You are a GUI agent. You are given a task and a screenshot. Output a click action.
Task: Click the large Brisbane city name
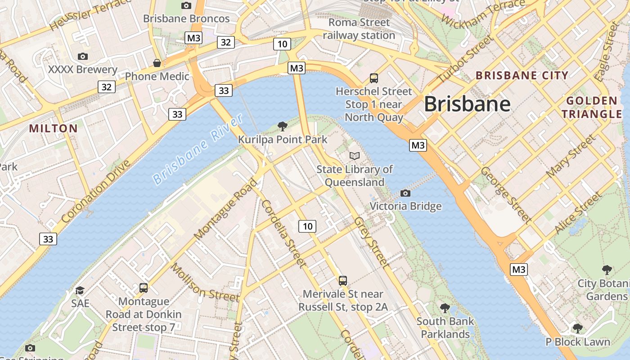coord(467,104)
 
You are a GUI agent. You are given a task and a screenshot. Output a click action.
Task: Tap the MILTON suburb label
coord(54,129)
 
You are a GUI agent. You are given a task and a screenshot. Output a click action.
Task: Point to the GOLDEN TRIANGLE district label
coord(591,107)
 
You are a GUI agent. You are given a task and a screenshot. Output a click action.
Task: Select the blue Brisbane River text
coord(198,149)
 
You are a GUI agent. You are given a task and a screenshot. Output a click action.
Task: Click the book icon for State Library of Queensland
coord(355,156)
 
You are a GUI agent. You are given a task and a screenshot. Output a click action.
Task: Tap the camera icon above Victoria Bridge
coord(405,193)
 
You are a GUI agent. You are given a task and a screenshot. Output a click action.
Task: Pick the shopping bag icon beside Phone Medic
coord(157,63)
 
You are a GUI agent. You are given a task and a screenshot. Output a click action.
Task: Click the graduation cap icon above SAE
coord(80,290)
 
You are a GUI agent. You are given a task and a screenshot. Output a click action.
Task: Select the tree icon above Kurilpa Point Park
coord(283,126)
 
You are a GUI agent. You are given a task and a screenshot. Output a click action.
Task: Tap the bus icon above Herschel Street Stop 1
coord(374,78)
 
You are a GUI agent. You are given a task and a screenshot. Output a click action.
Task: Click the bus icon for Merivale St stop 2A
coord(343,281)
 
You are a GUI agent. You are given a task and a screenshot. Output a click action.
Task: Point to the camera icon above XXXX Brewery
coord(82,56)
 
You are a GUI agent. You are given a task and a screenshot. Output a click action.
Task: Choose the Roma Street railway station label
coord(359,29)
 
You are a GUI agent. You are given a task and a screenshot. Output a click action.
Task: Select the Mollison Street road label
coord(205,283)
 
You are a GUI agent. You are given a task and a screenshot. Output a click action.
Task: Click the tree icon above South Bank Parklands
coord(445,308)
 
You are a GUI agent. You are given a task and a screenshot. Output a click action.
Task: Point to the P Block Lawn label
coord(578,342)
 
